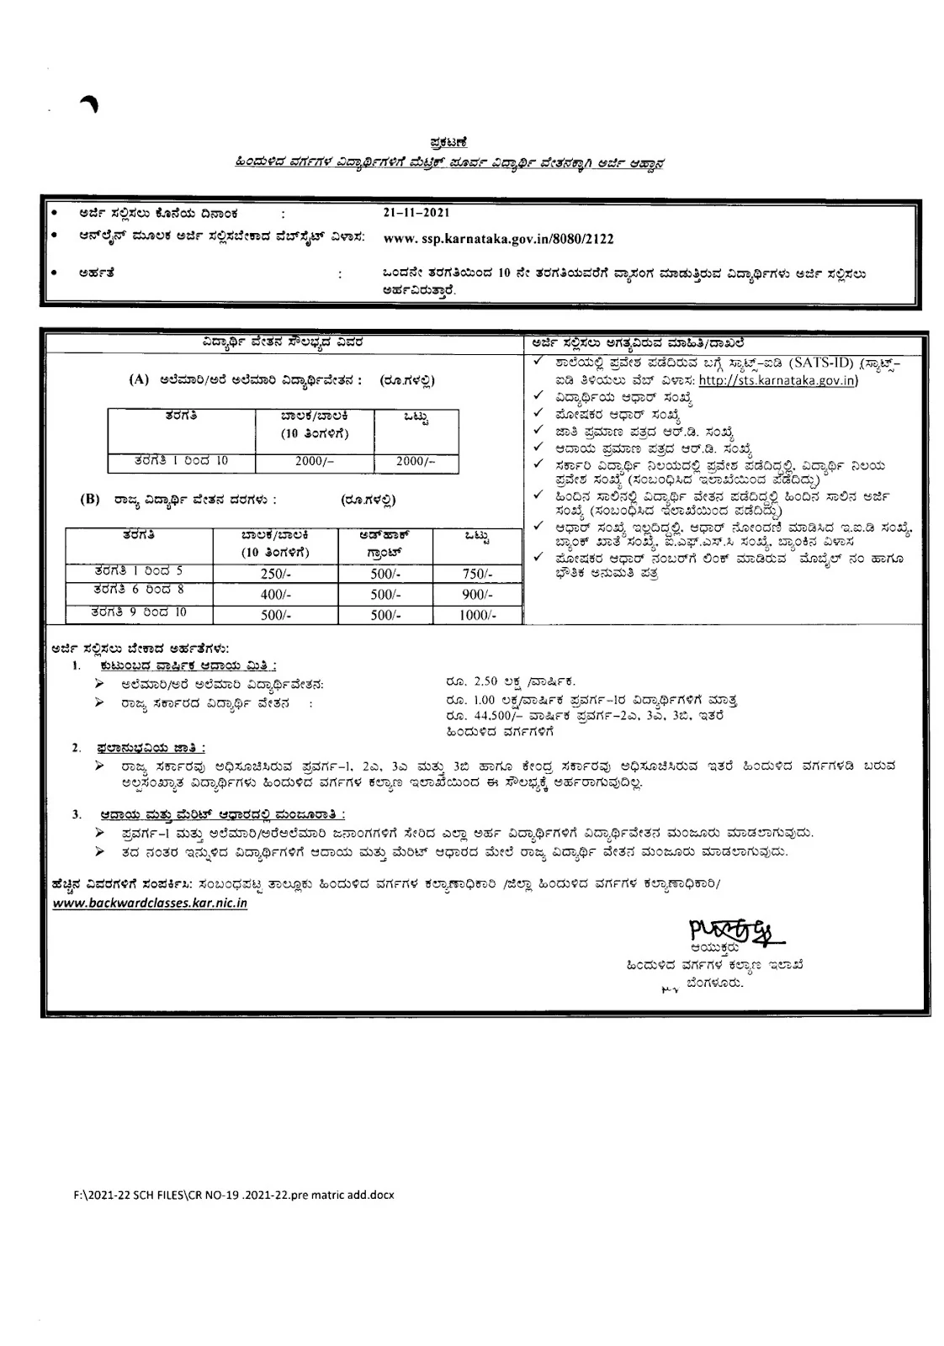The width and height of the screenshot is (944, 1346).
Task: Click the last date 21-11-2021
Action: click(x=415, y=214)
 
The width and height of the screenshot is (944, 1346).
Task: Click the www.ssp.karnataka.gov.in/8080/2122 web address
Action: click(x=498, y=239)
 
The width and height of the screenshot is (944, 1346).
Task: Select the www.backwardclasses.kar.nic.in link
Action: click(x=150, y=904)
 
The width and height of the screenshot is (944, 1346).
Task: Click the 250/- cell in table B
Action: click(x=276, y=574)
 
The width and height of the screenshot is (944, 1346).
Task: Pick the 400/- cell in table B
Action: click(x=276, y=594)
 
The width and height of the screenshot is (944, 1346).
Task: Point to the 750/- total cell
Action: click(x=476, y=574)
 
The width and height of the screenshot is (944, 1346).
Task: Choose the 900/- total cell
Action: click(x=476, y=594)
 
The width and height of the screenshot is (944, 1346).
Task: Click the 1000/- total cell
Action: click(x=476, y=615)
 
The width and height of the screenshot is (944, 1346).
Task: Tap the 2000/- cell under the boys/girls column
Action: click(x=315, y=462)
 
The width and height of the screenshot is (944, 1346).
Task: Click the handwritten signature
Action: click(x=729, y=930)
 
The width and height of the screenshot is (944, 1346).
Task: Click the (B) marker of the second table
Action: click(x=89, y=499)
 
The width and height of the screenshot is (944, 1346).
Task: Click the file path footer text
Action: click(x=234, y=1194)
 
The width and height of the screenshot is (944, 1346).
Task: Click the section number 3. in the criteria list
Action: click(x=77, y=814)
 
